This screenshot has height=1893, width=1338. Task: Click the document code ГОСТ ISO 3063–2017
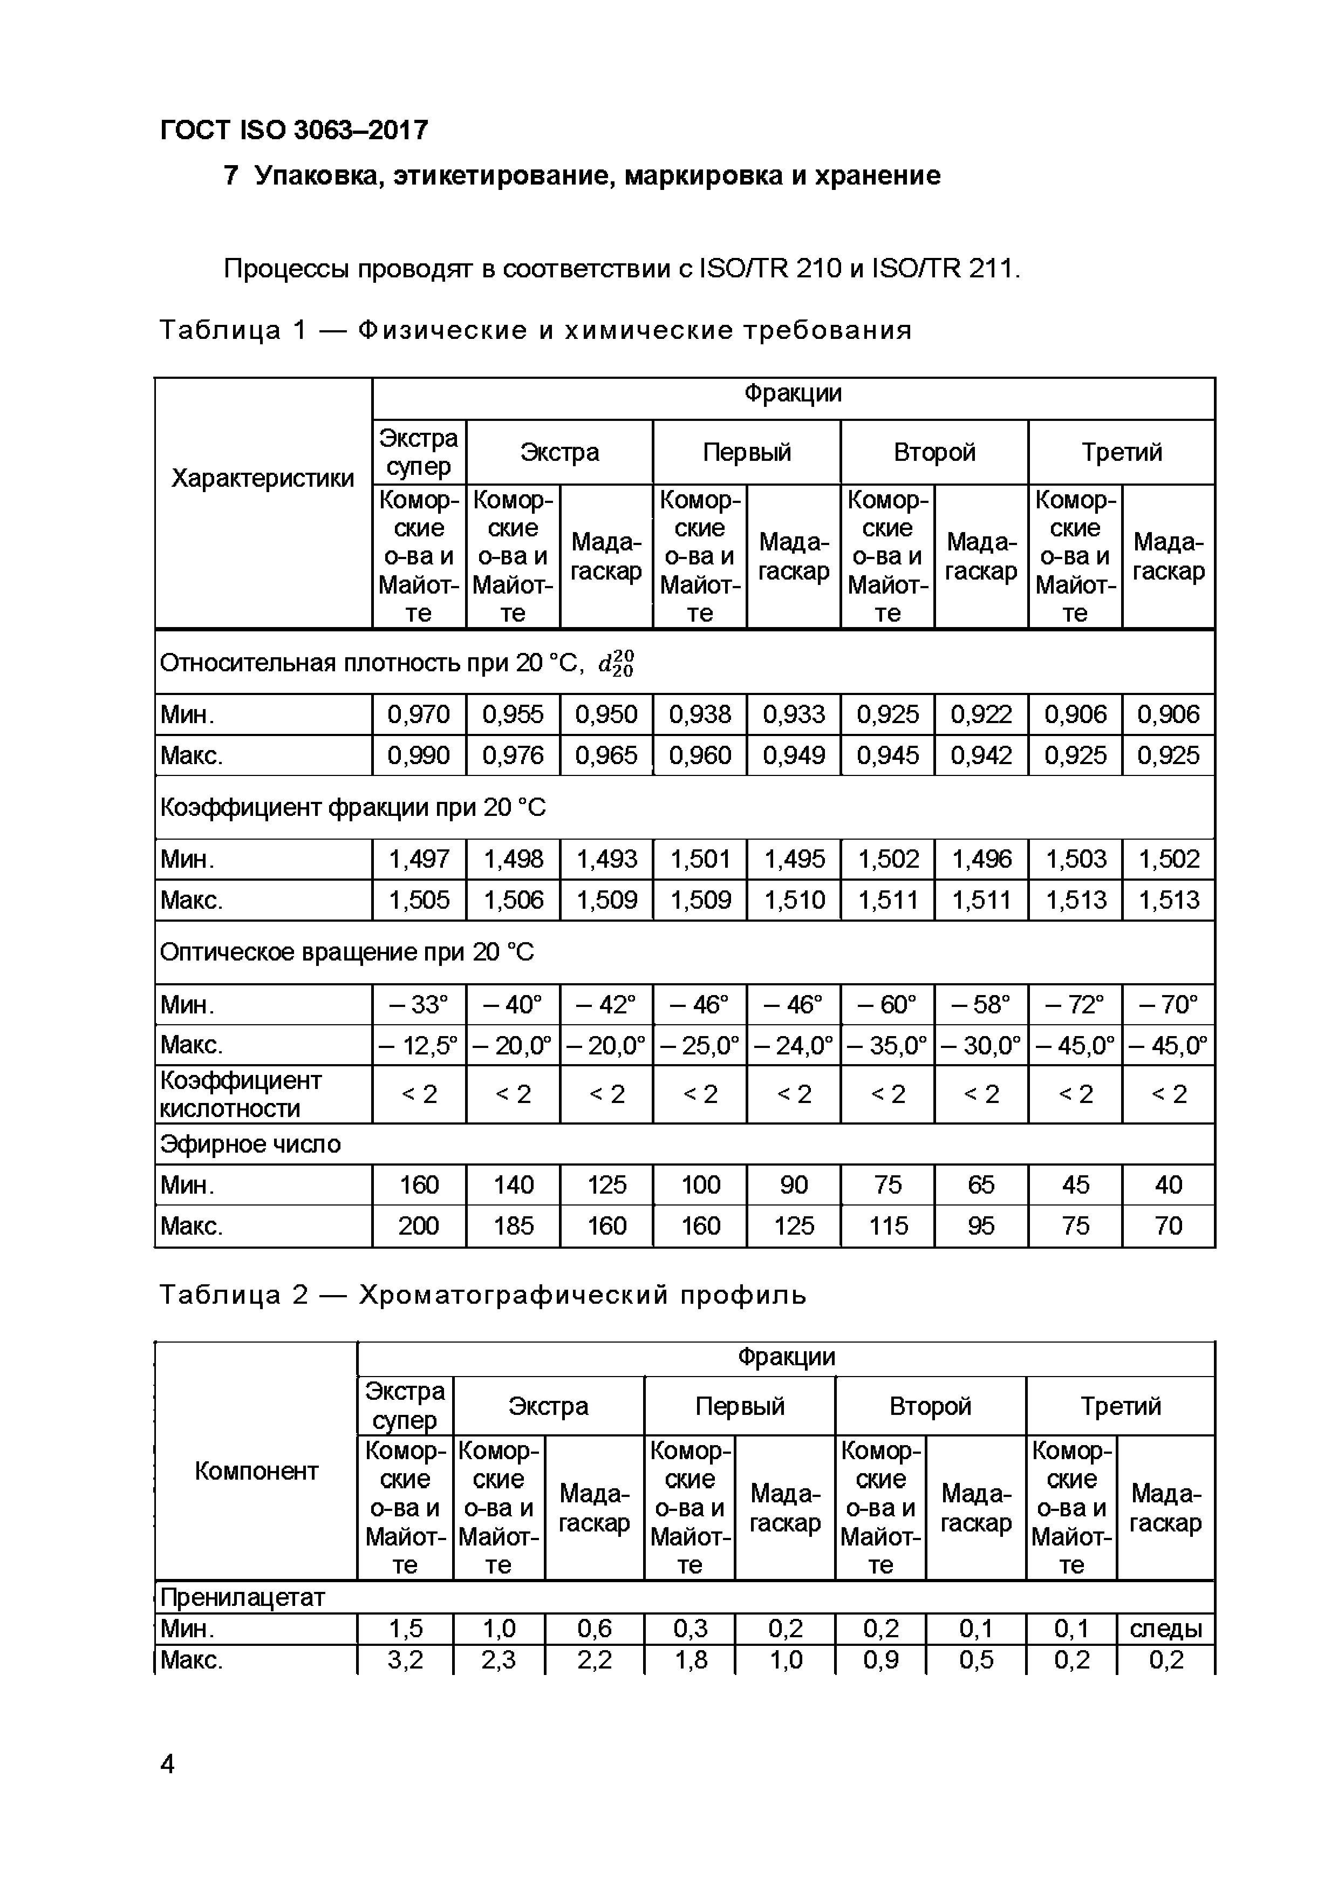point(293,130)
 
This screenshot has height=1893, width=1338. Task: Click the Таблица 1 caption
point(535,331)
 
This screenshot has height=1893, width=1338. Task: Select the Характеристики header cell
point(263,478)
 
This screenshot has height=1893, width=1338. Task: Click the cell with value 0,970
point(419,714)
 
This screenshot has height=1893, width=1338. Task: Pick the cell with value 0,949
point(793,755)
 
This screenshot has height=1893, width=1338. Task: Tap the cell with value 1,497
point(419,859)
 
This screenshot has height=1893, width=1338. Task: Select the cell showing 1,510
point(793,900)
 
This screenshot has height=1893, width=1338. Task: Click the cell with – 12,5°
point(419,1045)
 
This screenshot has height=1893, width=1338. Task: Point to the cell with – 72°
point(1075,1004)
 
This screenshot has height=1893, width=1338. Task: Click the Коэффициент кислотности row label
point(241,1094)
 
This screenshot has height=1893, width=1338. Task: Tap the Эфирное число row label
point(251,1145)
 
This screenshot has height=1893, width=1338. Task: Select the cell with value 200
point(419,1226)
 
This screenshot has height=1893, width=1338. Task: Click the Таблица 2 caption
point(482,1295)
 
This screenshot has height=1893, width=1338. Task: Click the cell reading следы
point(1166,1629)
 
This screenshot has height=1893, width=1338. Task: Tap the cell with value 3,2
point(405,1659)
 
